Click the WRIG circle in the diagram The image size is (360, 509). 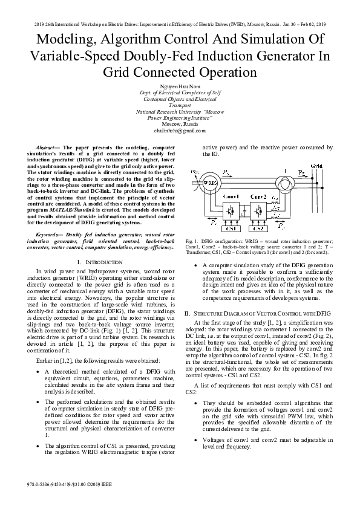[210, 182]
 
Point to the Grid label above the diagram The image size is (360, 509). [316, 164]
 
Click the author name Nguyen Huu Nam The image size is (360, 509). [180, 86]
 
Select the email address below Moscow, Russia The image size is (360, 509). [180, 130]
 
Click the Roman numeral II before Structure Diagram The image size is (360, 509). [188, 313]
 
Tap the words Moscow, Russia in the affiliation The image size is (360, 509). [180, 124]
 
